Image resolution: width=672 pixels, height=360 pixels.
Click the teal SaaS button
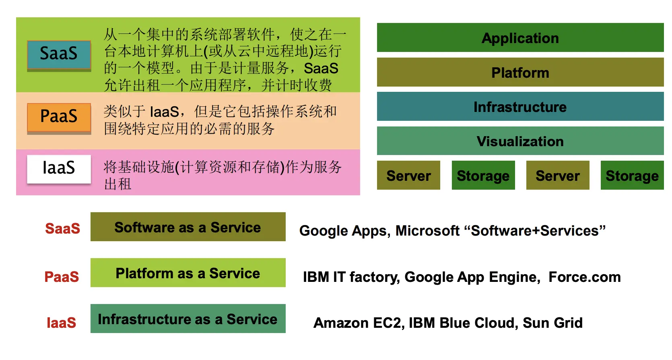59,55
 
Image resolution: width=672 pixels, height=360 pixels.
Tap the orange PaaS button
59,117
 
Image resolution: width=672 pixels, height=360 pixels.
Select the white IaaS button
59,169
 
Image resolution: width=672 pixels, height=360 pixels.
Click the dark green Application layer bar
520,38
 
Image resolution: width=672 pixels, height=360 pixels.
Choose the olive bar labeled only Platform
520,72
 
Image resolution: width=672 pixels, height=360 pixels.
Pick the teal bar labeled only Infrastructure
520,107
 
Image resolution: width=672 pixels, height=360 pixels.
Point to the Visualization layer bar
520,141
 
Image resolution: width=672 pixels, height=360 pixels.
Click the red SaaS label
62,228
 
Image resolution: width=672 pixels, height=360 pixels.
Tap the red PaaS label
62,277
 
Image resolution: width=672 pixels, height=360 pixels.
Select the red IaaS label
61,323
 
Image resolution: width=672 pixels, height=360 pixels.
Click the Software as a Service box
188,227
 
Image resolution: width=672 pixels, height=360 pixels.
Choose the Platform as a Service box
188,273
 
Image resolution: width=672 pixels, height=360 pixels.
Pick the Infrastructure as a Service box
188,319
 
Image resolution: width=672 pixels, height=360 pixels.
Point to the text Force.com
584,277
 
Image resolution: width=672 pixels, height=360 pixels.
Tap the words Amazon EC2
358,323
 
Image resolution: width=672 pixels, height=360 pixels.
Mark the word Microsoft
427,231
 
